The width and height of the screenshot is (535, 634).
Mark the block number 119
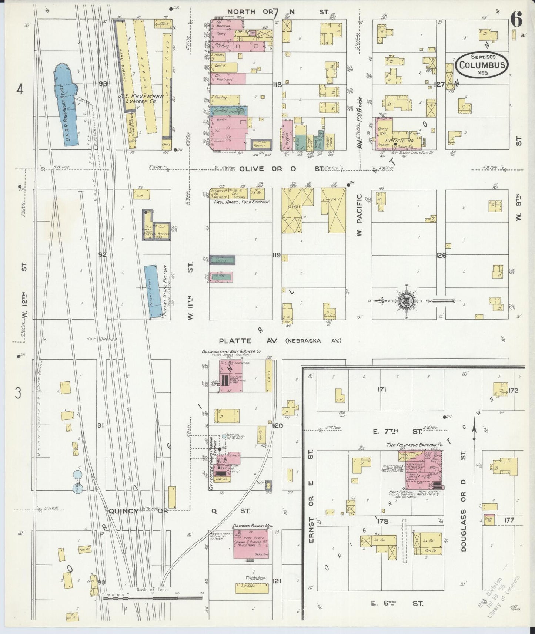tap(276, 255)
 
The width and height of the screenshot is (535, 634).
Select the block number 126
tap(441, 255)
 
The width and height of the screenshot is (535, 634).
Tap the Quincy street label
tap(124, 511)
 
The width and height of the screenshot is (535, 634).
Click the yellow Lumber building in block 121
tap(252, 587)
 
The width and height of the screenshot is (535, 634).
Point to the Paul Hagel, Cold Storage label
tap(241, 202)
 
